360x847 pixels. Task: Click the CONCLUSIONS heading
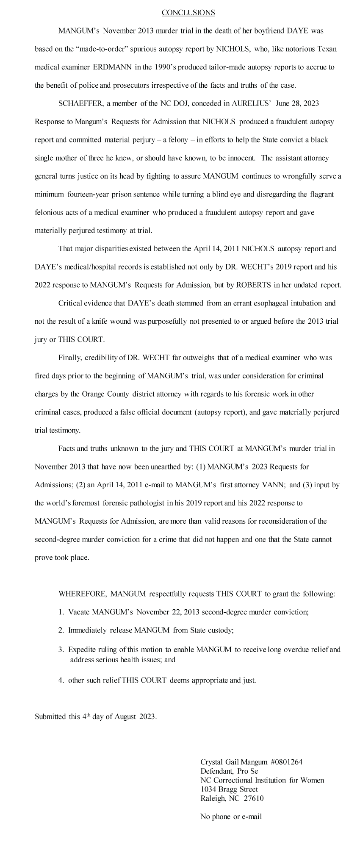[x=188, y=13]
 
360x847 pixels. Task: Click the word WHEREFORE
[x=82, y=594]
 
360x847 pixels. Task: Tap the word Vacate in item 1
[x=79, y=612]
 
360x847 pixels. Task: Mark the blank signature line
[x=271, y=756]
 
